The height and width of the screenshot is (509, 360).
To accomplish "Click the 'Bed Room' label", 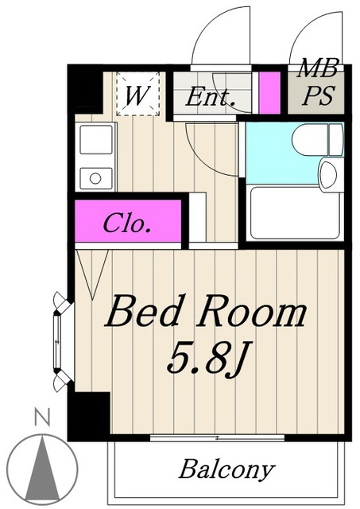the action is (x=206, y=311).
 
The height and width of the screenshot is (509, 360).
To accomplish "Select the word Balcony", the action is (x=226, y=469).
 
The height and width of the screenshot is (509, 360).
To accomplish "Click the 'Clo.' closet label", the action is (x=127, y=223).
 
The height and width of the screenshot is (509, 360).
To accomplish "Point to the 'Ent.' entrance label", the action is (x=210, y=96).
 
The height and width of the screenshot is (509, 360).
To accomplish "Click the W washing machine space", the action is (x=137, y=95).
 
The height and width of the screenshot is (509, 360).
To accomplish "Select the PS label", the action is (x=318, y=95).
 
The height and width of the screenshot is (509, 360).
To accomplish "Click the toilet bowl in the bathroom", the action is (x=317, y=140).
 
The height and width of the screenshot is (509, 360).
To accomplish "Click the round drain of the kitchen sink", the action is (x=95, y=178).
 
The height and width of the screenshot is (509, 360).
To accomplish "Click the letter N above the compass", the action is (x=42, y=418).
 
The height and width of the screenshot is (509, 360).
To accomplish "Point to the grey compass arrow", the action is (x=42, y=468).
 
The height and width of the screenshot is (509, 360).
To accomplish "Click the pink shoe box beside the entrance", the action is (x=269, y=93).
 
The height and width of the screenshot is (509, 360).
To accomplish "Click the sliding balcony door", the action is (x=217, y=437).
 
